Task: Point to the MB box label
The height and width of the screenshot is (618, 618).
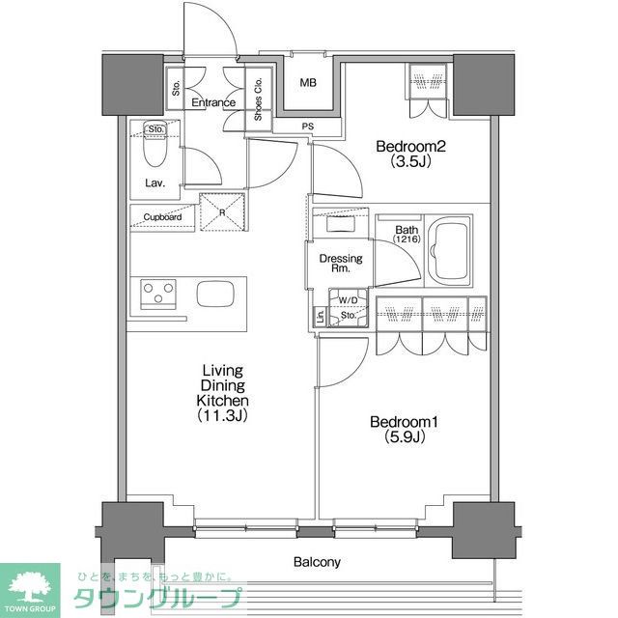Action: [x=307, y=83]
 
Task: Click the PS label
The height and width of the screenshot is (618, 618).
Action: [x=307, y=125]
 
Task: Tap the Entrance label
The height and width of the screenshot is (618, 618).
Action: [x=213, y=102]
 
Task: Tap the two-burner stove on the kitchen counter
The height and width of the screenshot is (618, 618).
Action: [x=156, y=292]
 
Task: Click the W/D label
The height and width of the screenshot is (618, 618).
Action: [x=348, y=300]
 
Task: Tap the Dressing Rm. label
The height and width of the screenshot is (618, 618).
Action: [x=341, y=264]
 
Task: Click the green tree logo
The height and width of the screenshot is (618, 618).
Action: [x=31, y=584]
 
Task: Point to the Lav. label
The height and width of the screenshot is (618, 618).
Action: [x=154, y=182]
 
